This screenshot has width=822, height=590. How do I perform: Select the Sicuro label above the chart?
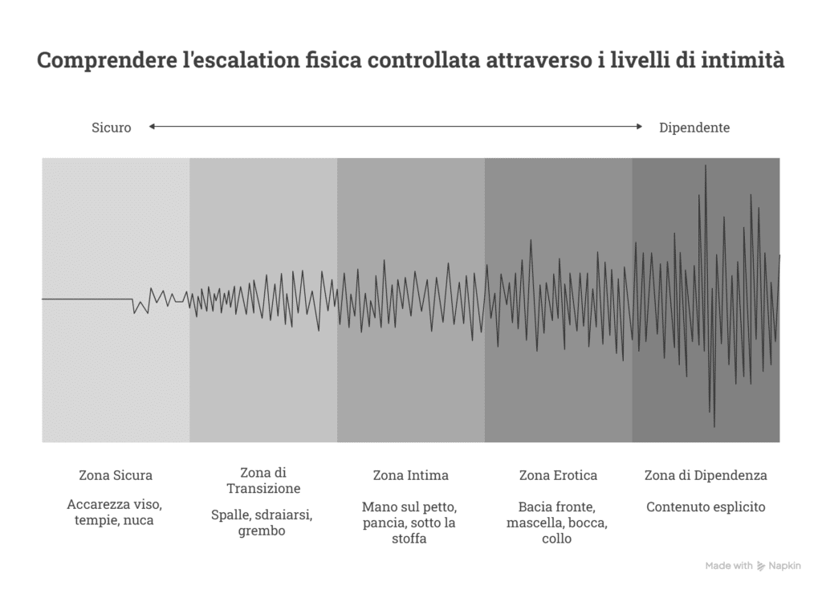111,128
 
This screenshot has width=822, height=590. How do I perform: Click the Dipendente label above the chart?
694,128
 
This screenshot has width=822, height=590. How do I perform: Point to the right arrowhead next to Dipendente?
639,126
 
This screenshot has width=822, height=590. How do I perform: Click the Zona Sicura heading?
116,475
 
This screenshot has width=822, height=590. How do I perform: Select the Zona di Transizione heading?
263,481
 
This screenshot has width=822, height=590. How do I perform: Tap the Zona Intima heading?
410,475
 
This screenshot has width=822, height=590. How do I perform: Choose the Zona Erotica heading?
558,475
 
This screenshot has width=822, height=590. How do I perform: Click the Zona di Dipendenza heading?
706,475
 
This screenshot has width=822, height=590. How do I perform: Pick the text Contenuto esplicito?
706,507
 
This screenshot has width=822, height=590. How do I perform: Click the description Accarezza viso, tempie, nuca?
116,513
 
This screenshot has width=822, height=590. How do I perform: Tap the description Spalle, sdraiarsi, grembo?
262,523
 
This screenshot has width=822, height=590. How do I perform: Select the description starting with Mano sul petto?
410,523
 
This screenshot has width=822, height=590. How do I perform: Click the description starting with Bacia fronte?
557,523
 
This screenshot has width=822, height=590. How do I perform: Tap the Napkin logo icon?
761,566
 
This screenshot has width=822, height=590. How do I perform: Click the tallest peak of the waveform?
706,165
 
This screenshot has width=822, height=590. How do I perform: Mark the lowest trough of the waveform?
714,426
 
